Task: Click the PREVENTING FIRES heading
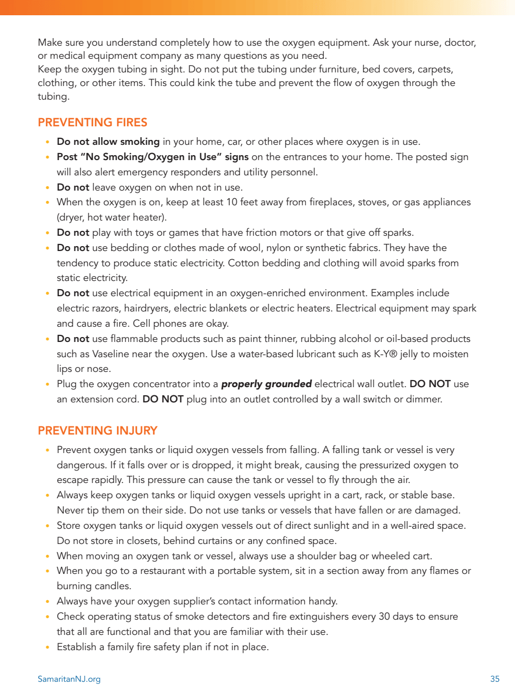[x=93, y=123]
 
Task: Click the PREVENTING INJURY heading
[x=97, y=431]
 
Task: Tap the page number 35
[x=494, y=679]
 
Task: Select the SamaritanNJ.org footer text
[x=69, y=679]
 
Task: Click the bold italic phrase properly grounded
[x=266, y=384]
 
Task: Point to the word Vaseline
[x=101, y=354]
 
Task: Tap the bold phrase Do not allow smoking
[x=108, y=142]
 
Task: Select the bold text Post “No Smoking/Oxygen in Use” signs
[x=152, y=157]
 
